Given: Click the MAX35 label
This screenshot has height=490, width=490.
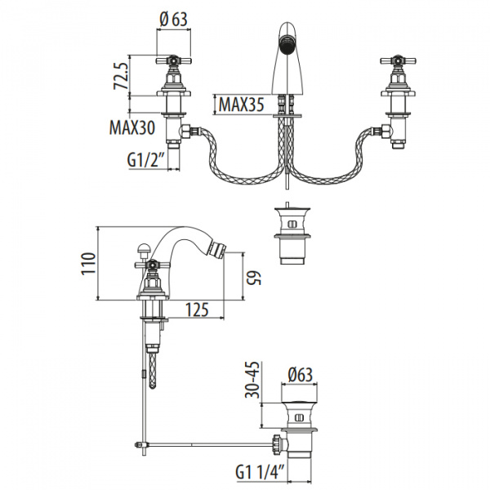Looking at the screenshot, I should (x=239, y=105).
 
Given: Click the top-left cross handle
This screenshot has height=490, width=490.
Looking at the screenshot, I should (x=173, y=61).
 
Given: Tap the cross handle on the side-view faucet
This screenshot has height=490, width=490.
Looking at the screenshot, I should (x=151, y=263).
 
